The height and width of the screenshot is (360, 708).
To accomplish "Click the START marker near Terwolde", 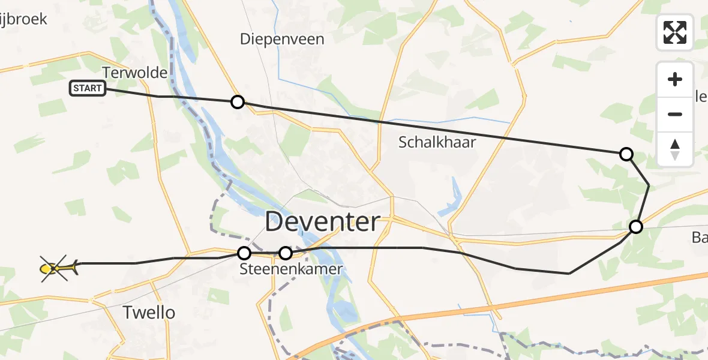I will click(x=88, y=88).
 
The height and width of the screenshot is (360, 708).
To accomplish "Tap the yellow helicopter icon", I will click(x=58, y=268).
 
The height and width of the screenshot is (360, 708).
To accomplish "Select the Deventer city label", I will click(x=322, y=222).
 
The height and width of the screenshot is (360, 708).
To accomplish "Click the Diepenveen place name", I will click(x=282, y=40).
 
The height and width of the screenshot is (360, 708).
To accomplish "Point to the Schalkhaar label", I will click(x=437, y=142).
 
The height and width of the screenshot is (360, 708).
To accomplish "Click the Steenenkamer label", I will click(x=290, y=269).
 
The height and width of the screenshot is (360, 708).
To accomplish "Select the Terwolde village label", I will click(x=134, y=73).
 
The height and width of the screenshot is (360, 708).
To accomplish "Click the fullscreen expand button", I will click(x=675, y=32).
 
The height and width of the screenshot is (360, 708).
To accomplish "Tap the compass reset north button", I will click(x=675, y=149).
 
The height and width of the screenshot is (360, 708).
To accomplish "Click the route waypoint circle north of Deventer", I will click(x=238, y=102).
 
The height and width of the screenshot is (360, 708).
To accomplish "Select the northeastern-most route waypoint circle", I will click(x=626, y=154).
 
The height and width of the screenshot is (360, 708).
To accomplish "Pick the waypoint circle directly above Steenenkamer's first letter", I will click(x=244, y=253).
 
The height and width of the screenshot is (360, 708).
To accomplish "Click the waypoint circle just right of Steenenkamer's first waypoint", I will click(x=286, y=253).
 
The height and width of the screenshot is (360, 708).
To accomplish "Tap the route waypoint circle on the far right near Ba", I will click(x=635, y=227).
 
